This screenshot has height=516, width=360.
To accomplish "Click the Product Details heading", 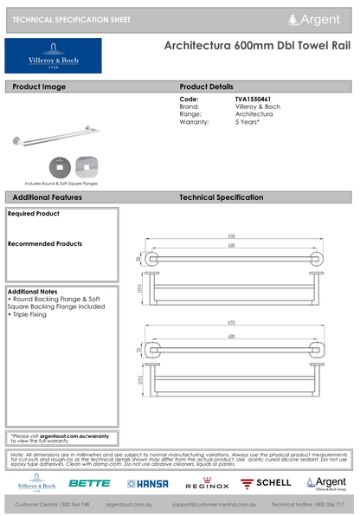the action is point(206,87).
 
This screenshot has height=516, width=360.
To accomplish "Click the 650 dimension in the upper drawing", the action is point(232,235).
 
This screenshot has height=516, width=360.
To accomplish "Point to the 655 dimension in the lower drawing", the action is point(232,318).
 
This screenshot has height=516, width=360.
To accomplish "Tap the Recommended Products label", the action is point(44,244).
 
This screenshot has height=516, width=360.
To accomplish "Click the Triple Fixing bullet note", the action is point(29,314).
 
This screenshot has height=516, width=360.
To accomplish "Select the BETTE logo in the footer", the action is point(89,483).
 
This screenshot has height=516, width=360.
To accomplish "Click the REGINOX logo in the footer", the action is point(208,483).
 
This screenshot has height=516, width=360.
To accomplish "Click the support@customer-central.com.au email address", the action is point(213,504).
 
